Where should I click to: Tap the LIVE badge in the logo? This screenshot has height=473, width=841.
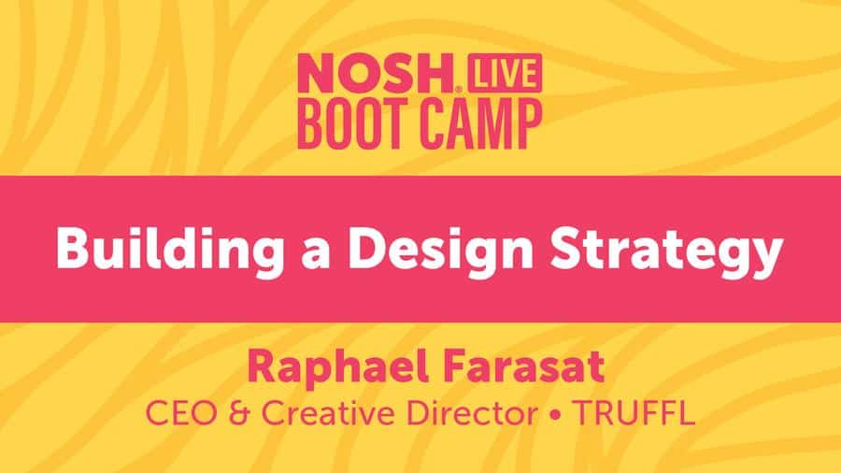505,73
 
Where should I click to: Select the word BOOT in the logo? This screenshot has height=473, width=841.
354,124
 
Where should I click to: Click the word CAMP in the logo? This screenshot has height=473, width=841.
481,124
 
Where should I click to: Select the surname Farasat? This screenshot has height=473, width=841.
524,367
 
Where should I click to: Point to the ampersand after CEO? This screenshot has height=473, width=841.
239,413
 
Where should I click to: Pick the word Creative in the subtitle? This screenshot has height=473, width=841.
328,413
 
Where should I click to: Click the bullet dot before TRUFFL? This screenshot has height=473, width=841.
555,414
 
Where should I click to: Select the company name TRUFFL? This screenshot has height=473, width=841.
634,413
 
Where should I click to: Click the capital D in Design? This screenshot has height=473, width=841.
368,249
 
